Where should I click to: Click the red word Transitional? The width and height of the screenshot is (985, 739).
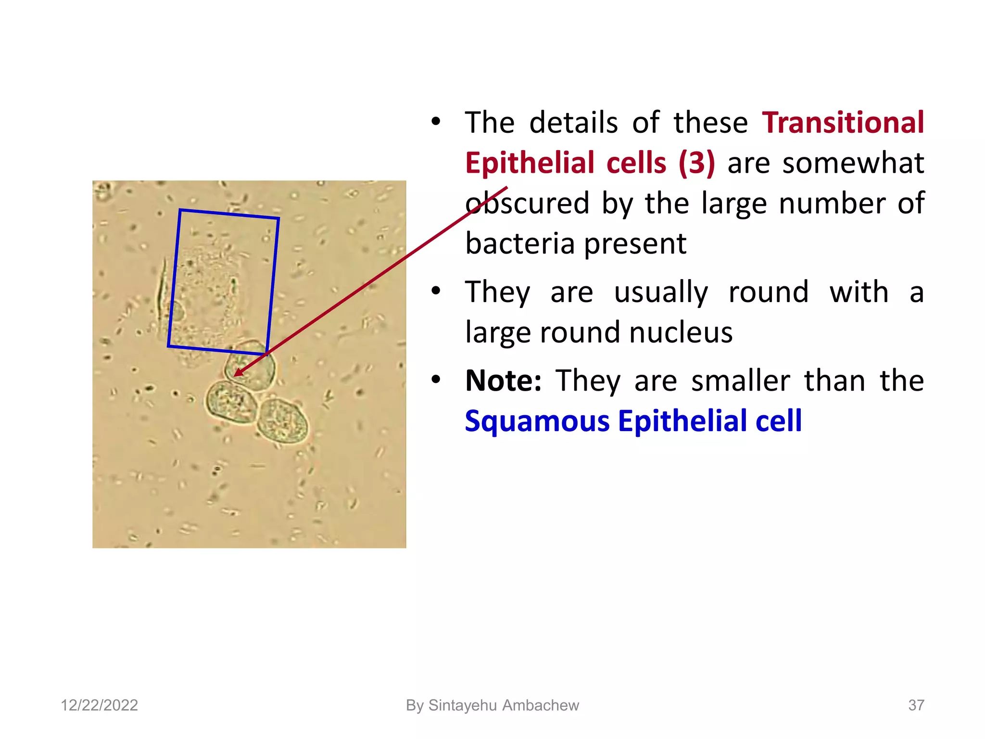tap(843, 123)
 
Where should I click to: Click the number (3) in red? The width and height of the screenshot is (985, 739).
tap(696, 163)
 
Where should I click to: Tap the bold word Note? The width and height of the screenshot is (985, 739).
tap(503, 381)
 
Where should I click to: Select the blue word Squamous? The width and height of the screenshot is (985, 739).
tap(536, 421)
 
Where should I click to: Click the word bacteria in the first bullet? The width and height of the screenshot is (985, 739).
tap(520, 244)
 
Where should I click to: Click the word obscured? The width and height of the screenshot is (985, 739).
tap(527, 204)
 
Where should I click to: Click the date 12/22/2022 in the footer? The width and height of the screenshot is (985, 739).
tap(99, 705)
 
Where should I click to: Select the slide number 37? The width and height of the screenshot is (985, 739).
tap(916, 705)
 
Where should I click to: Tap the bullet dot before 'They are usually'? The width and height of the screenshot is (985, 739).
tap(436, 292)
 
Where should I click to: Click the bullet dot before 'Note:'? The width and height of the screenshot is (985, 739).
tap(436, 380)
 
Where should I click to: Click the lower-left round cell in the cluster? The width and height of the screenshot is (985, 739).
tap(231, 402)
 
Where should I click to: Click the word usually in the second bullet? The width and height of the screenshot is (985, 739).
tap(661, 293)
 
